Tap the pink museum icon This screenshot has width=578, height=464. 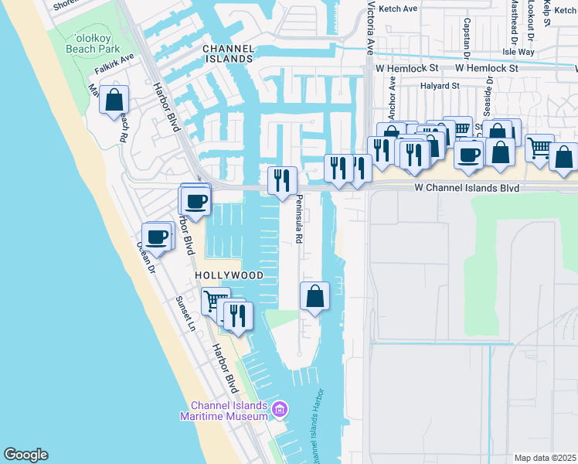point(280,408)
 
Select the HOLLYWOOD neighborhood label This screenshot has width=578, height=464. point(229,275)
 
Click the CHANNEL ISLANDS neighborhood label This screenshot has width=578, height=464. point(228,53)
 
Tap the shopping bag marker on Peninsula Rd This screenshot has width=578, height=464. point(314,296)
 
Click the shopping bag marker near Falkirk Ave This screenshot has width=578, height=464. point(114,100)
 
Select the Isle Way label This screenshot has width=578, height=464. point(518,53)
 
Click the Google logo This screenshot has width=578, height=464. point(25,455)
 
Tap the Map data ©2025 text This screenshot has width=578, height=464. point(546,458)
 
